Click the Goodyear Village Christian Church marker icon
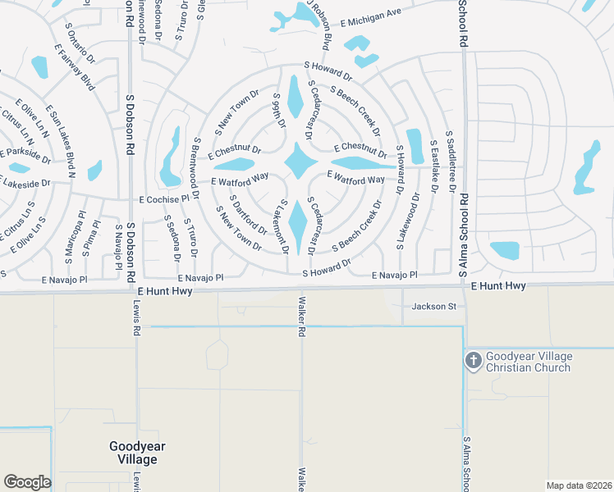point(473,361)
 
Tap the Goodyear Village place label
point(133,453)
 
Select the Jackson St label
point(433,306)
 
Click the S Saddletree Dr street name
point(450,160)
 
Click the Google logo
point(27,481)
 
